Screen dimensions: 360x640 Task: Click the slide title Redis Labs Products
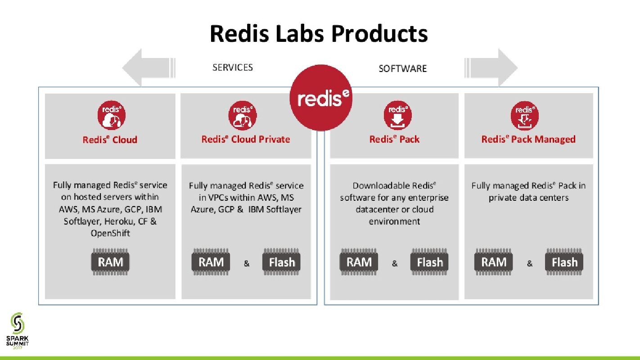[x=319, y=34]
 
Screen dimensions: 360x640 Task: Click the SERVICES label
[x=233, y=67]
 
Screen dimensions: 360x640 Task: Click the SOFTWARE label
[x=402, y=68]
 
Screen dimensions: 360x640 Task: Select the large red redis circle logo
[x=320, y=98]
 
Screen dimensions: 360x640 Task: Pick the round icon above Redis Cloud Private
[x=243, y=116]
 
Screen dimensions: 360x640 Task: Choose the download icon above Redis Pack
[x=397, y=116]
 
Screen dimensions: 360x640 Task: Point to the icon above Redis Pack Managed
[x=524, y=116]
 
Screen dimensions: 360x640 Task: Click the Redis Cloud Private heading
[x=246, y=139]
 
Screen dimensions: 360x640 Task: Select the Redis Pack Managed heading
[x=528, y=139]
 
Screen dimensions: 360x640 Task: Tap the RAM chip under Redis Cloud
[x=110, y=262]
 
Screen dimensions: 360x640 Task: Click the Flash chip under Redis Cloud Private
[x=282, y=262]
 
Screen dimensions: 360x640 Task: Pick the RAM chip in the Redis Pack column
[x=359, y=262]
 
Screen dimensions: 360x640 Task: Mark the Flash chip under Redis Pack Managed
[x=564, y=262]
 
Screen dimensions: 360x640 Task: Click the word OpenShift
[x=110, y=233]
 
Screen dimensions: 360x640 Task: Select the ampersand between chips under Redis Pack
[x=395, y=264]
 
